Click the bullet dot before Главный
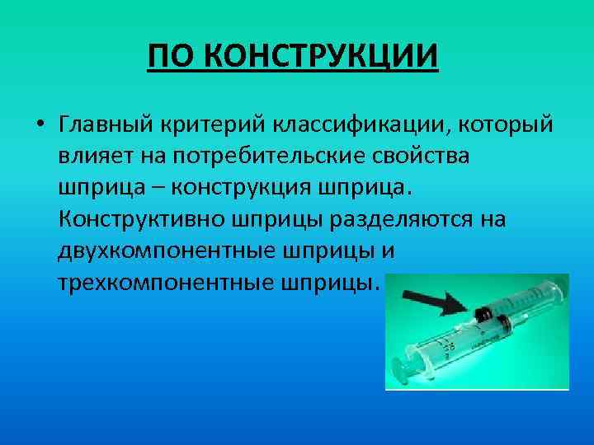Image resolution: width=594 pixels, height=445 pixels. coord(39,126)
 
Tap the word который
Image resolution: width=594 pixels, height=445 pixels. coord(498,125)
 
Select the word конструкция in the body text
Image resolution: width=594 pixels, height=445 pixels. coord(238,189)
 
